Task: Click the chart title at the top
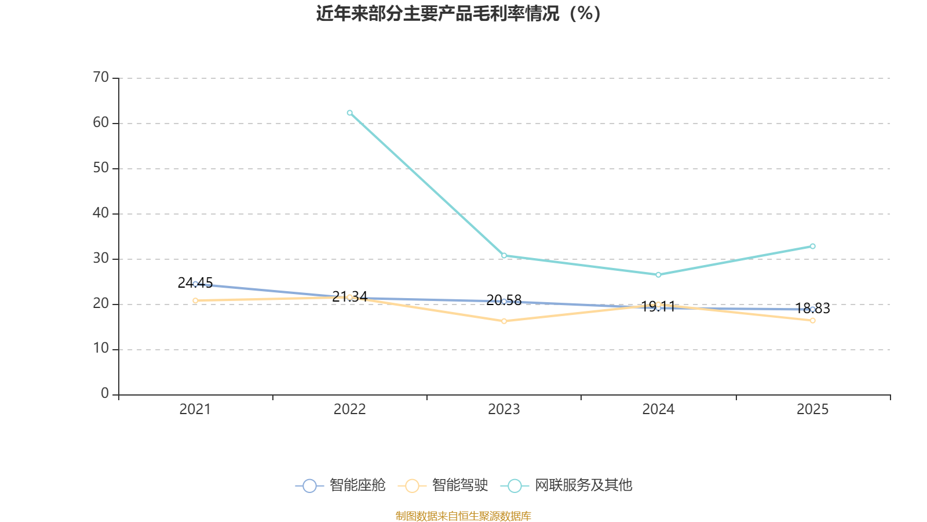point(458,14)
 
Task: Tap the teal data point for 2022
point(350,113)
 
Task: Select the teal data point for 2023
point(504,256)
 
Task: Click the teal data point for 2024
point(658,275)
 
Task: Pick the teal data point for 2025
point(813,246)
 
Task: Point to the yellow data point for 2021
point(195,300)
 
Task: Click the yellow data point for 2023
point(504,321)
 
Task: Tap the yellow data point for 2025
point(813,320)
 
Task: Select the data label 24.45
point(195,283)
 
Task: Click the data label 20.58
point(504,300)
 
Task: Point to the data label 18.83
point(813,309)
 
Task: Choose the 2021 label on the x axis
point(195,409)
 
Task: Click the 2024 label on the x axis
point(658,409)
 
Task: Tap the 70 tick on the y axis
point(101,77)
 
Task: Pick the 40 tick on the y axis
point(101,213)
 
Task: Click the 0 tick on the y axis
point(105,393)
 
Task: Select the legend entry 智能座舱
point(340,485)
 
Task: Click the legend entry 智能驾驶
point(443,485)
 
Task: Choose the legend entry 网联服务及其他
point(567,485)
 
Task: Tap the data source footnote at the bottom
point(463,516)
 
